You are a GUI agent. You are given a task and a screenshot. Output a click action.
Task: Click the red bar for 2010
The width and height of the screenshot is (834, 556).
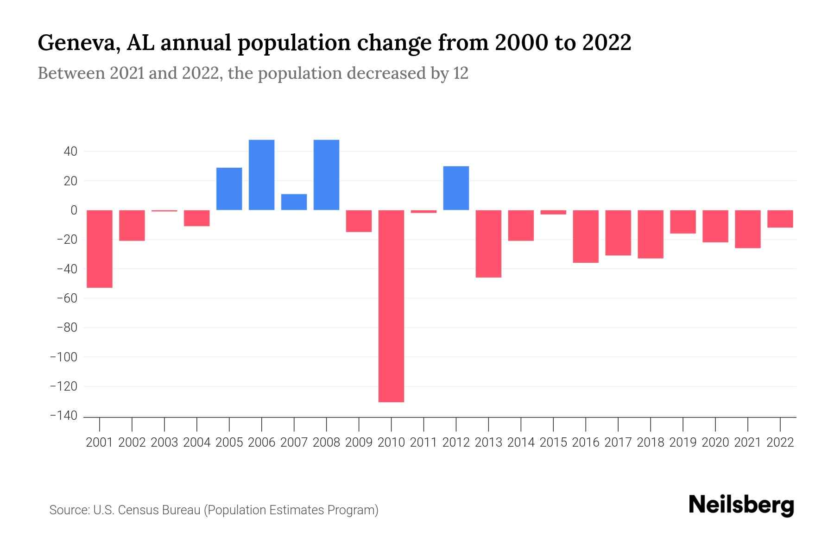pos(391,306)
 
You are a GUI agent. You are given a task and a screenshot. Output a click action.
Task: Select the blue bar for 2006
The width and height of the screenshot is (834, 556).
pos(261,175)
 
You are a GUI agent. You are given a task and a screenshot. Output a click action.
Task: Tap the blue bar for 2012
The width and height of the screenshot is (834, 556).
pos(456,188)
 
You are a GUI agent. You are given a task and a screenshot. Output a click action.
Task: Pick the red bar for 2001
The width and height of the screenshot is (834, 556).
pos(100,249)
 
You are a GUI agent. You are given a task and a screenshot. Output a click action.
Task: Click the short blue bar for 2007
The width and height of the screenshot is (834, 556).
pos(294,202)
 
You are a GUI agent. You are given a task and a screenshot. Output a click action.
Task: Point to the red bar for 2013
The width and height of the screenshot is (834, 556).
pos(488,244)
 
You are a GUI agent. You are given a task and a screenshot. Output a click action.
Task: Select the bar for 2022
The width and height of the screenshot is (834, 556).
pos(780,219)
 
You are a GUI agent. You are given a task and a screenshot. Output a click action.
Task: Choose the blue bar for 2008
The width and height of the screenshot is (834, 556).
pos(326,175)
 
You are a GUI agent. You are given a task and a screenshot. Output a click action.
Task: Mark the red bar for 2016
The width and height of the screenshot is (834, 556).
pos(586,236)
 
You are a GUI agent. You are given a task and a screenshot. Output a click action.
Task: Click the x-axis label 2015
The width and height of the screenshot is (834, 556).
pos(553,442)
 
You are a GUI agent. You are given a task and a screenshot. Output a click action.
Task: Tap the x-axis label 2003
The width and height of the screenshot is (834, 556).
pos(164,442)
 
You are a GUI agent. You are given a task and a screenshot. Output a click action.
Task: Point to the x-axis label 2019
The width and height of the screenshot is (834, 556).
pos(683,442)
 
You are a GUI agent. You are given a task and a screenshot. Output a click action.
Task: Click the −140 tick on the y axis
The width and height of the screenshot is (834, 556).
pos(63,416)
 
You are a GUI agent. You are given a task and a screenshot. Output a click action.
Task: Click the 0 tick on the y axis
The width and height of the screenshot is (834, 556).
pos(74,210)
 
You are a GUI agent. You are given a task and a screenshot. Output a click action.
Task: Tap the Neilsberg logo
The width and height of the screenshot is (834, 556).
pos(741,505)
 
